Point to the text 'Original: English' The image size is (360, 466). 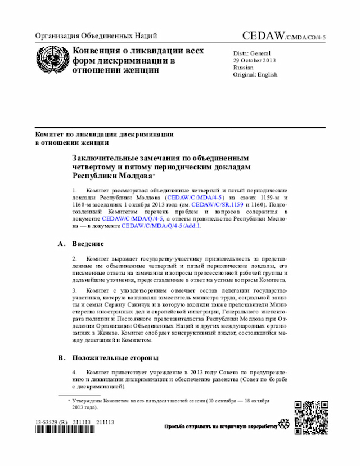click(255, 74)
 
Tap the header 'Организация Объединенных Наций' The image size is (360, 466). click(96, 37)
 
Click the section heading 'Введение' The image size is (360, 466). click(88, 244)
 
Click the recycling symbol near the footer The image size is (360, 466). click(283, 425)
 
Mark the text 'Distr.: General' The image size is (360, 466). click(252, 52)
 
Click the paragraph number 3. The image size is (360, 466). click(74, 290)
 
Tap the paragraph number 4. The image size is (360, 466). click(74, 372)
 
